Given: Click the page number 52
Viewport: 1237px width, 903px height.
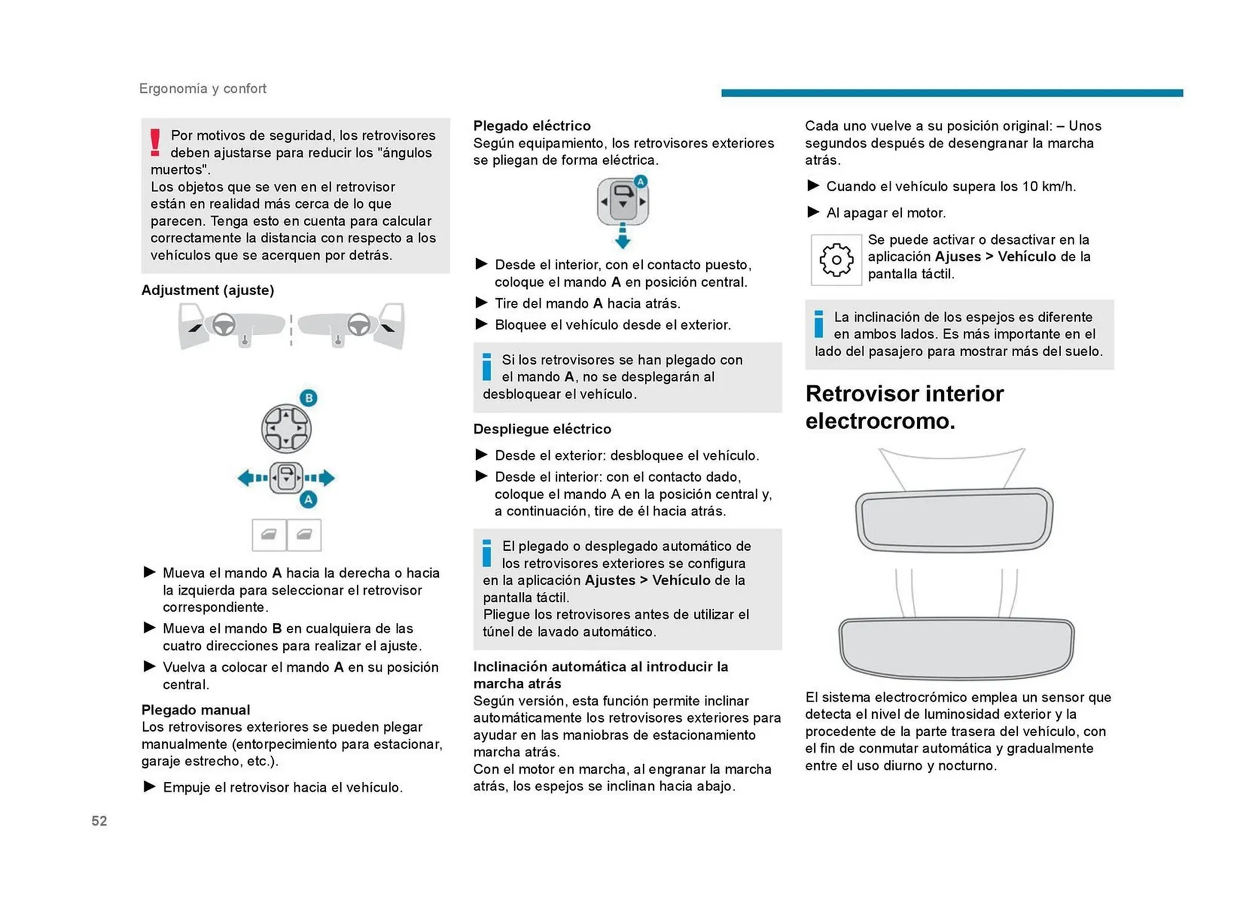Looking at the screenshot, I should (x=99, y=821).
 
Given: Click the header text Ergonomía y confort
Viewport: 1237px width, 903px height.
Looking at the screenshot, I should (x=202, y=88).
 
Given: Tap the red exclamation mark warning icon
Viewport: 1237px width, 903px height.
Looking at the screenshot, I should (x=155, y=142).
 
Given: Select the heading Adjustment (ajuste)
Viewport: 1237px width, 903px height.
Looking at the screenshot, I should (x=207, y=290).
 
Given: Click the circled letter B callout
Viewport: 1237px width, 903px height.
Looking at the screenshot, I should (x=309, y=397).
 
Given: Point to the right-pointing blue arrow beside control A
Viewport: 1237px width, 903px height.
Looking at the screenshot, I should (x=322, y=478).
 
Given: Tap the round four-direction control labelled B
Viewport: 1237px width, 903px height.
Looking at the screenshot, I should (x=286, y=428).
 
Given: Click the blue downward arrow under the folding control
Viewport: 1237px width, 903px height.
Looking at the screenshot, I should (x=622, y=237).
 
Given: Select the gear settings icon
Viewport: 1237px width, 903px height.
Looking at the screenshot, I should (x=836, y=260).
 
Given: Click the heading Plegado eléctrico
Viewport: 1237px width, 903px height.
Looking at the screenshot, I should (x=532, y=126).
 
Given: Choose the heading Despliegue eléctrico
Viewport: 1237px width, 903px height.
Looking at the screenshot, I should (x=542, y=429).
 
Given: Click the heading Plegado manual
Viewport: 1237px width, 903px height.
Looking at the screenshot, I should (x=195, y=710).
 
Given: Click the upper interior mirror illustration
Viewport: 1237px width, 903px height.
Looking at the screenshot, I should (x=954, y=519).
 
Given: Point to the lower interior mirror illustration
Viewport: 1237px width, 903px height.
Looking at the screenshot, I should (x=955, y=647).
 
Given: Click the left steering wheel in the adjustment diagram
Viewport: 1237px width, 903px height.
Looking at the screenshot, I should (x=224, y=324).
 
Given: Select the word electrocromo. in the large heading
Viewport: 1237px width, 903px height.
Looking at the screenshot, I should (x=879, y=421).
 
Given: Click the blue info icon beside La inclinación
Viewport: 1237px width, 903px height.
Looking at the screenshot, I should (x=818, y=324).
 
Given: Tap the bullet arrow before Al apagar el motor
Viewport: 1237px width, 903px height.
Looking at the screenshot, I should (x=813, y=212).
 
